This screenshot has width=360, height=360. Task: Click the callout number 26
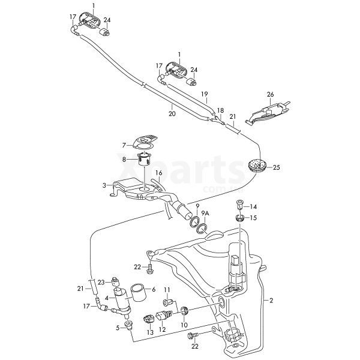[270, 95]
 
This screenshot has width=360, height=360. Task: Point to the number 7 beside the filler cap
[124, 145]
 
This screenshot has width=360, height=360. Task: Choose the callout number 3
[104, 185]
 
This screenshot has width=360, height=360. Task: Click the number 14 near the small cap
[253, 206]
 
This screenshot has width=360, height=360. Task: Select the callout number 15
[253, 218]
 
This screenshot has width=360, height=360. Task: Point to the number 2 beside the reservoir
[271, 300]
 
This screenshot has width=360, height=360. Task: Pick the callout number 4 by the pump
[107, 297]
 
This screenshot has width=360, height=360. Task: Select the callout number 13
[150, 332]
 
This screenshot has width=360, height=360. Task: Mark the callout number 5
[118, 328]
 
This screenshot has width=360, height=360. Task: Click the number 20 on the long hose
[172, 113]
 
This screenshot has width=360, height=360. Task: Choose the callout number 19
[204, 94]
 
